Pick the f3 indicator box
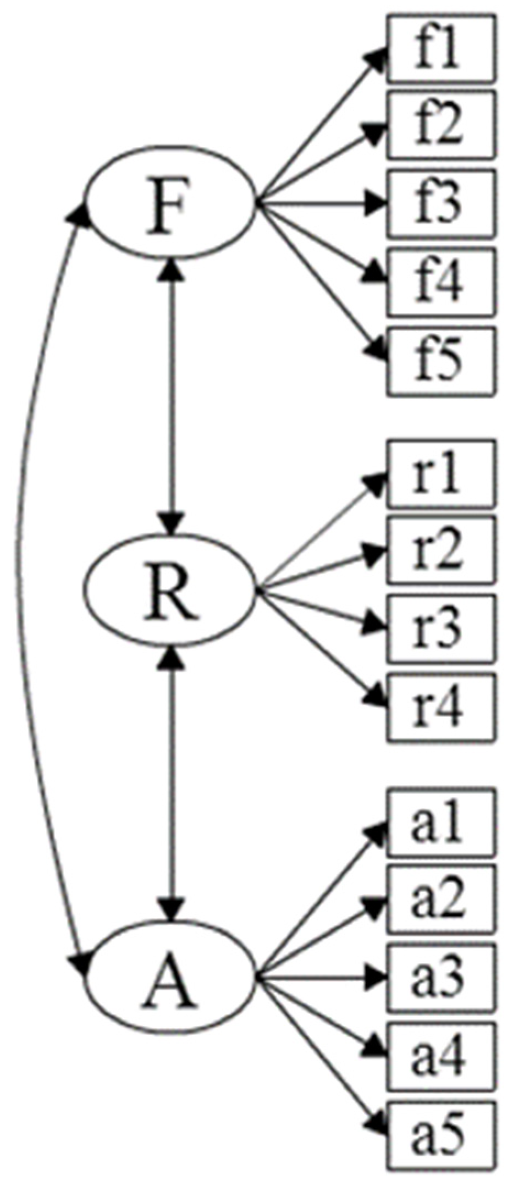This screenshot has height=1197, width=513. click(x=441, y=203)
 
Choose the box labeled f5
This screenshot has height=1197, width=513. click(x=441, y=361)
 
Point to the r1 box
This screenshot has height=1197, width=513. click(x=441, y=473)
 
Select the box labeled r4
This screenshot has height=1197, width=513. click(x=441, y=707)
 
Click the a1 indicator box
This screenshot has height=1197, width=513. click(x=441, y=822)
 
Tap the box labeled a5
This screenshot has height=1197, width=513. click(x=441, y=1135)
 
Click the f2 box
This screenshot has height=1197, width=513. click(x=441, y=126)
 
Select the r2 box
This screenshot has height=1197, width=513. click(x=441, y=550)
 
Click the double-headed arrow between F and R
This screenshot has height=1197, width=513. click(x=173, y=396)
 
